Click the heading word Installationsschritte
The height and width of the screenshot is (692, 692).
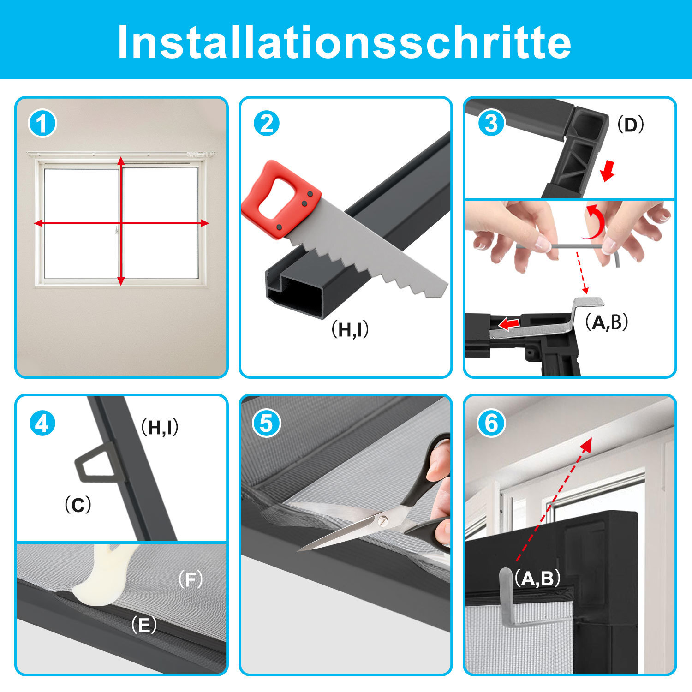(x=345, y=42)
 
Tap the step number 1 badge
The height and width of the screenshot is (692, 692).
(x=42, y=124)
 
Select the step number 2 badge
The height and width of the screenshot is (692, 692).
(x=267, y=124)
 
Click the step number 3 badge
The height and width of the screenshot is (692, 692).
(x=491, y=124)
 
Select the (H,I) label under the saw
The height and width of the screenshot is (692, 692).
(x=350, y=329)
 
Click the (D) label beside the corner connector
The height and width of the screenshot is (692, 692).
(x=631, y=125)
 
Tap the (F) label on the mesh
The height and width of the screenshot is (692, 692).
(x=191, y=579)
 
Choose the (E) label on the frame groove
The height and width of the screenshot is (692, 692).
(x=144, y=626)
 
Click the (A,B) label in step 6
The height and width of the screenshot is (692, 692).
(x=538, y=578)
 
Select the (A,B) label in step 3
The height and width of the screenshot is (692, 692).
(x=607, y=322)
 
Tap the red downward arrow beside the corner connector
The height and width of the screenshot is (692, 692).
(x=608, y=171)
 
